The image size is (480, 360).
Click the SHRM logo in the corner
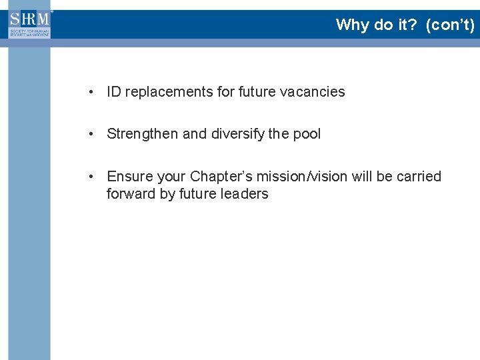point(29,24)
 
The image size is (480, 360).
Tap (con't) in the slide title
point(451,25)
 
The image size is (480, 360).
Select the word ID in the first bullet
point(114,92)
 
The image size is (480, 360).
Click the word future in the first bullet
point(257,92)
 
